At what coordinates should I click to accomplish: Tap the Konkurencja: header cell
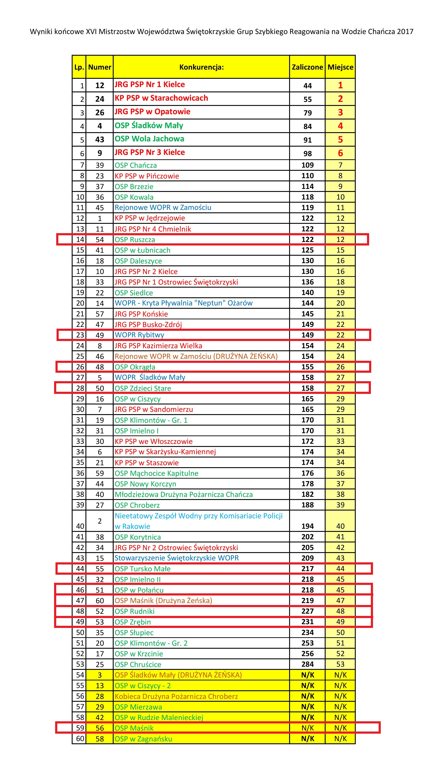point(201,67)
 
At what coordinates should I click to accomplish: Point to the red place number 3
point(340,112)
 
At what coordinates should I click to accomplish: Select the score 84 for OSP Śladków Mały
point(307,126)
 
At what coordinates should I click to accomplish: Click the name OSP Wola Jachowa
point(149,139)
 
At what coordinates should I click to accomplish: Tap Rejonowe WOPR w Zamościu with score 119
point(163,207)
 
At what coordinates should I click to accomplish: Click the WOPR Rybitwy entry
point(139,335)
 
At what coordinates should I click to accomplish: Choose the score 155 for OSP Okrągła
point(307,367)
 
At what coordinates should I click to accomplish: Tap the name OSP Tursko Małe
point(142,569)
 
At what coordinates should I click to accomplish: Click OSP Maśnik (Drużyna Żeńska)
point(163,600)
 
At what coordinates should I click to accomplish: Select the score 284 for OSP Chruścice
point(307,664)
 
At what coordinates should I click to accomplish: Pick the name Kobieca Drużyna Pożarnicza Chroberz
point(176,696)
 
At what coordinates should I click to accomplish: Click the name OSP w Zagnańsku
point(143,739)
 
